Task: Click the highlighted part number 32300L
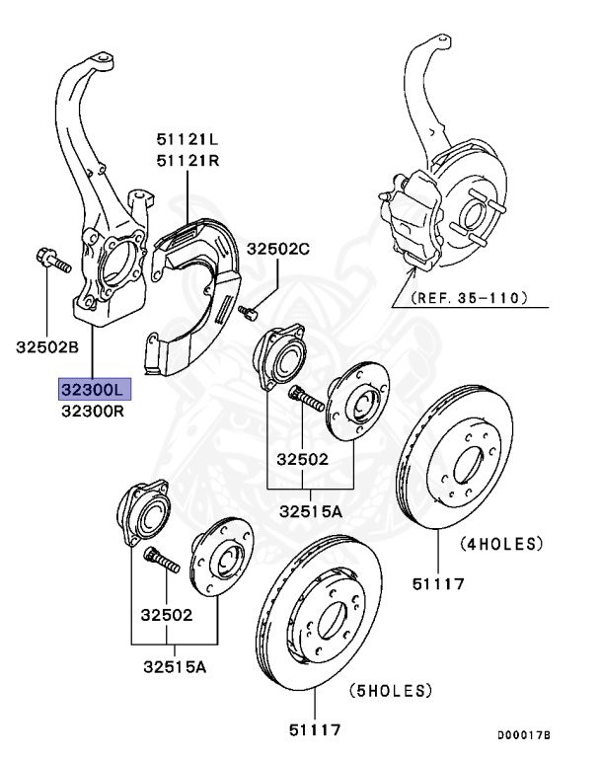pos(93,388)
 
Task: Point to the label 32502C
pos(278,250)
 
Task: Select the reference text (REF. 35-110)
pos(471,296)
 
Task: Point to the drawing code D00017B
pos(523,735)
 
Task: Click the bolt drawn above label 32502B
pos(52,263)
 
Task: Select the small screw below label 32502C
pos(249,313)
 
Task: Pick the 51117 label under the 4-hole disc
pos(437,584)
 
